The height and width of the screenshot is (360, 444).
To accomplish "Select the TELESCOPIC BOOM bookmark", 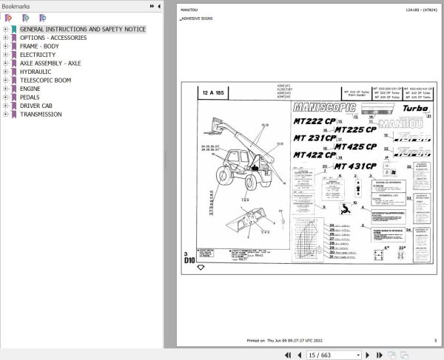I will tap(46, 80).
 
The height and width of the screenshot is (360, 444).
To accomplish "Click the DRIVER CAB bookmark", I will tap(36, 106).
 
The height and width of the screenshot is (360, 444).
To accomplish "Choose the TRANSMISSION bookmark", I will tap(41, 115).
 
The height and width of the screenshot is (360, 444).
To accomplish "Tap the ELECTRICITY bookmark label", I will tap(37, 55).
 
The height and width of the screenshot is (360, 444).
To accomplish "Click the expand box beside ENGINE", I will tap(5, 89).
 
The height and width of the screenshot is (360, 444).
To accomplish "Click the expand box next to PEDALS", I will tap(5, 98).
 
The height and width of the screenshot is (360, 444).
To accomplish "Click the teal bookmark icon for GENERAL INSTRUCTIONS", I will tap(13, 30).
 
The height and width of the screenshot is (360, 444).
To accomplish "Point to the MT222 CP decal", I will tap(314, 121).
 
